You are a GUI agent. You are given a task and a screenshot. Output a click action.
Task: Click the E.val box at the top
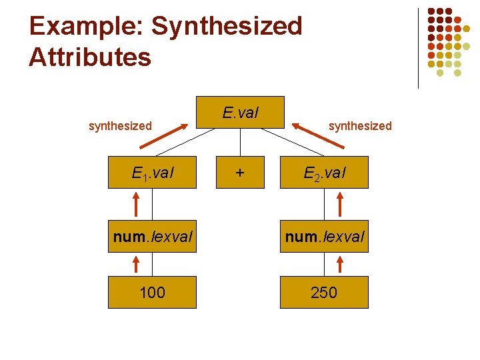pos(240,113)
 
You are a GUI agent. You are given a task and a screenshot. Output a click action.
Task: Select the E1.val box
pos(152,173)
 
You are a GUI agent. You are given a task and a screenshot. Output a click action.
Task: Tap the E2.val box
pos(324,173)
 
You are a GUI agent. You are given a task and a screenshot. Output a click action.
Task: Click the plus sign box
pos(239,173)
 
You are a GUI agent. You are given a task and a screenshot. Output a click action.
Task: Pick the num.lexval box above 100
pos(152,237)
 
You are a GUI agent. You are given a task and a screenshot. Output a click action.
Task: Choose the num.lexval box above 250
pos(324,237)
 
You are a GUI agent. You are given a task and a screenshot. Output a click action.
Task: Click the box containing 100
pos(152,292)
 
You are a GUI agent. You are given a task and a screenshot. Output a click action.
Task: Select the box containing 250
pos(324,292)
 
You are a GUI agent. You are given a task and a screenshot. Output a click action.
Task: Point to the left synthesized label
pos(120,125)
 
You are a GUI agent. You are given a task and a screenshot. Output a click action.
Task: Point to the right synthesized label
pos(360,125)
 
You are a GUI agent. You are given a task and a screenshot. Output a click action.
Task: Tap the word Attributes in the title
pos(90,57)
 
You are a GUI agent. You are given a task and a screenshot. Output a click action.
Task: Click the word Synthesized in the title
pos(227,27)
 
